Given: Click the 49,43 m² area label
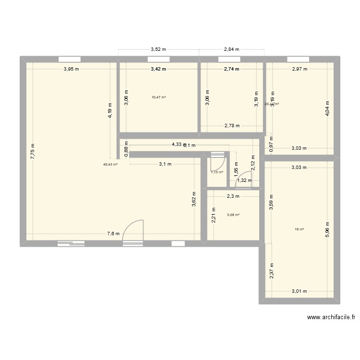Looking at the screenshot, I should point(110,164).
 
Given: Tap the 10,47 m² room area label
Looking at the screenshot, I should point(158,97).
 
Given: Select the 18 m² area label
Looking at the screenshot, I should point(299,229).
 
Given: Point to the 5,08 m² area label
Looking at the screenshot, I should point(233,215).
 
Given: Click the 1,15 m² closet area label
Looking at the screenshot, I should point(217,172).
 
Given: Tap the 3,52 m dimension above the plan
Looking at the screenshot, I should point(158,49).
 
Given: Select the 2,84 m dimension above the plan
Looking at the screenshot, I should point(232,49).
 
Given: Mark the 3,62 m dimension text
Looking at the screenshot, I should point(193,197).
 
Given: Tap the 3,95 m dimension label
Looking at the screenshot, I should point(72,69).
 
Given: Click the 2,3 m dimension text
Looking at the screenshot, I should point(233,196).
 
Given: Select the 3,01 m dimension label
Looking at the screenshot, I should point(300,291).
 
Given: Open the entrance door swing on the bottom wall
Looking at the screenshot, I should point(133,230).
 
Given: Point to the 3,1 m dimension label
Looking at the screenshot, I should point(165,164).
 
